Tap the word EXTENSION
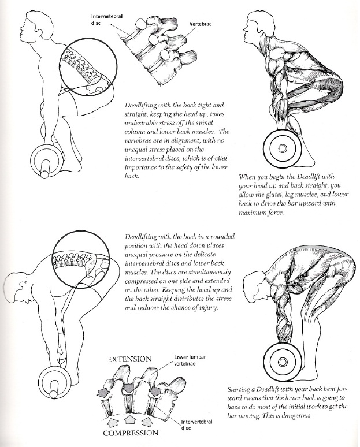(x=130, y=359)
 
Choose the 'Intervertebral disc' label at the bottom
(x=196, y=425)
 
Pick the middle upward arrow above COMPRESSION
(x=128, y=416)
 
